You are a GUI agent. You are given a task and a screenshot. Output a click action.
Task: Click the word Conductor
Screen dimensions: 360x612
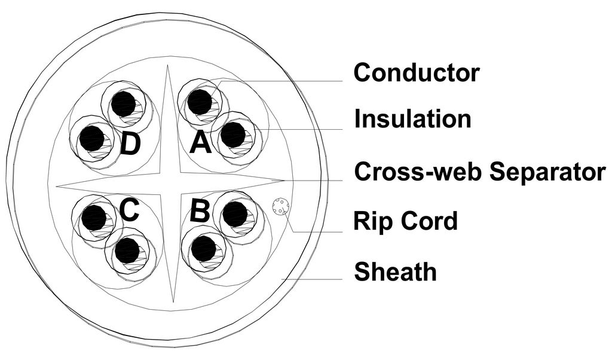pos(416,73)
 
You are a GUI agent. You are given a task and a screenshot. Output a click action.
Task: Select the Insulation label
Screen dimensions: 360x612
pos(412,119)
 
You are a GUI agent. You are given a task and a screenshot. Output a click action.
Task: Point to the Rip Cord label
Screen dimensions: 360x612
pos(405,221)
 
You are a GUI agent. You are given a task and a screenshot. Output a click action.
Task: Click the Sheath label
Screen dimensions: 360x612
pos(395,272)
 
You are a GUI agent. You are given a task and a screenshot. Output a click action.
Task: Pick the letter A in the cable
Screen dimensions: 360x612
pos(201,143)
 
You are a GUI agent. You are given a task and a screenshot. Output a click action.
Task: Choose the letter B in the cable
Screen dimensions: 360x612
pos(200,212)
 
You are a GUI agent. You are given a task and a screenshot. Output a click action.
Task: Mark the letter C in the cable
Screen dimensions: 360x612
pos(129,210)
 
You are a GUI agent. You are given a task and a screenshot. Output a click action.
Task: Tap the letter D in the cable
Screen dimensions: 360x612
pos(130,144)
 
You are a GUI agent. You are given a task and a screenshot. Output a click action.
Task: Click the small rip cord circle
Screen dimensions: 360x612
pos(280,207)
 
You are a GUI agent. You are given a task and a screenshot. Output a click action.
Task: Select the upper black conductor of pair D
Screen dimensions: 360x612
pos(124,103)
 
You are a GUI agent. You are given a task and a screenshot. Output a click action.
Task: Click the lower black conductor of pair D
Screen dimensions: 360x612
pos(92,139)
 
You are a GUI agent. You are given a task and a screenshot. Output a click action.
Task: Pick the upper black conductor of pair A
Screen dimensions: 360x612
pos(200,102)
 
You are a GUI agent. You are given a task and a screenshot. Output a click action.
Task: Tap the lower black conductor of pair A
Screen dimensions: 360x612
pos(232,135)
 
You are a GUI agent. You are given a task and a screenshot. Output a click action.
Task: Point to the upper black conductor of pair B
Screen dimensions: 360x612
pos(235,214)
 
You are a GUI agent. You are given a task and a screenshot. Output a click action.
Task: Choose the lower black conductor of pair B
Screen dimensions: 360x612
pos(204,249)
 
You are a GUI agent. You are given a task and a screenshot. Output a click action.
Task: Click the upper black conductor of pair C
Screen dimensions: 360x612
pos(94,218)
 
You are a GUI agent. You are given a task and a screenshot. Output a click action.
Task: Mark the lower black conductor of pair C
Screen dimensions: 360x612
pos(127,251)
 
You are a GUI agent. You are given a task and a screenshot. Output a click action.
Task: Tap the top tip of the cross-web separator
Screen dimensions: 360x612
pos(168,67)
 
